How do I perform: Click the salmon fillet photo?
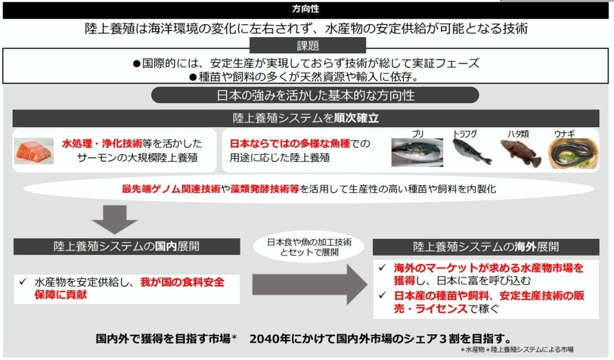(x=34, y=151)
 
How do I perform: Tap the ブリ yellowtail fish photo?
(x=417, y=152)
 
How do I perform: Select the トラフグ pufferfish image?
(x=471, y=152)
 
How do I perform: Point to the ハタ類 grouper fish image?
(x=521, y=153)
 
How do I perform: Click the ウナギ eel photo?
(x=573, y=153)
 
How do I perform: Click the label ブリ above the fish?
(x=418, y=134)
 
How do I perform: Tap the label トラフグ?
(x=465, y=134)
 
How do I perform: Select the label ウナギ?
(x=564, y=134)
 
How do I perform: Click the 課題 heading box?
(x=308, y=46)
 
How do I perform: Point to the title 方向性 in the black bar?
(x=305, y=8)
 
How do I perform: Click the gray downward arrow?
(x=115, y=220)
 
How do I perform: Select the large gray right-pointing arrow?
(x=309, y=284)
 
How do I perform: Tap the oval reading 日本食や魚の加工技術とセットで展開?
(x=309, y=247)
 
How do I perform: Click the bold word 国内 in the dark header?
(x=166, y=247)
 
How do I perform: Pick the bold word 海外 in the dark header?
(x=525, y=247)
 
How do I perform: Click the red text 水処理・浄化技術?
(x=102, y=143)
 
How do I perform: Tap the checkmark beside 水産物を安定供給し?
(x=23, y=281)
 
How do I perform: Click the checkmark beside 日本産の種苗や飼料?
(x=383, y=295)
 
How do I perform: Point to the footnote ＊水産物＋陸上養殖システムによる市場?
(x=517, y=349)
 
